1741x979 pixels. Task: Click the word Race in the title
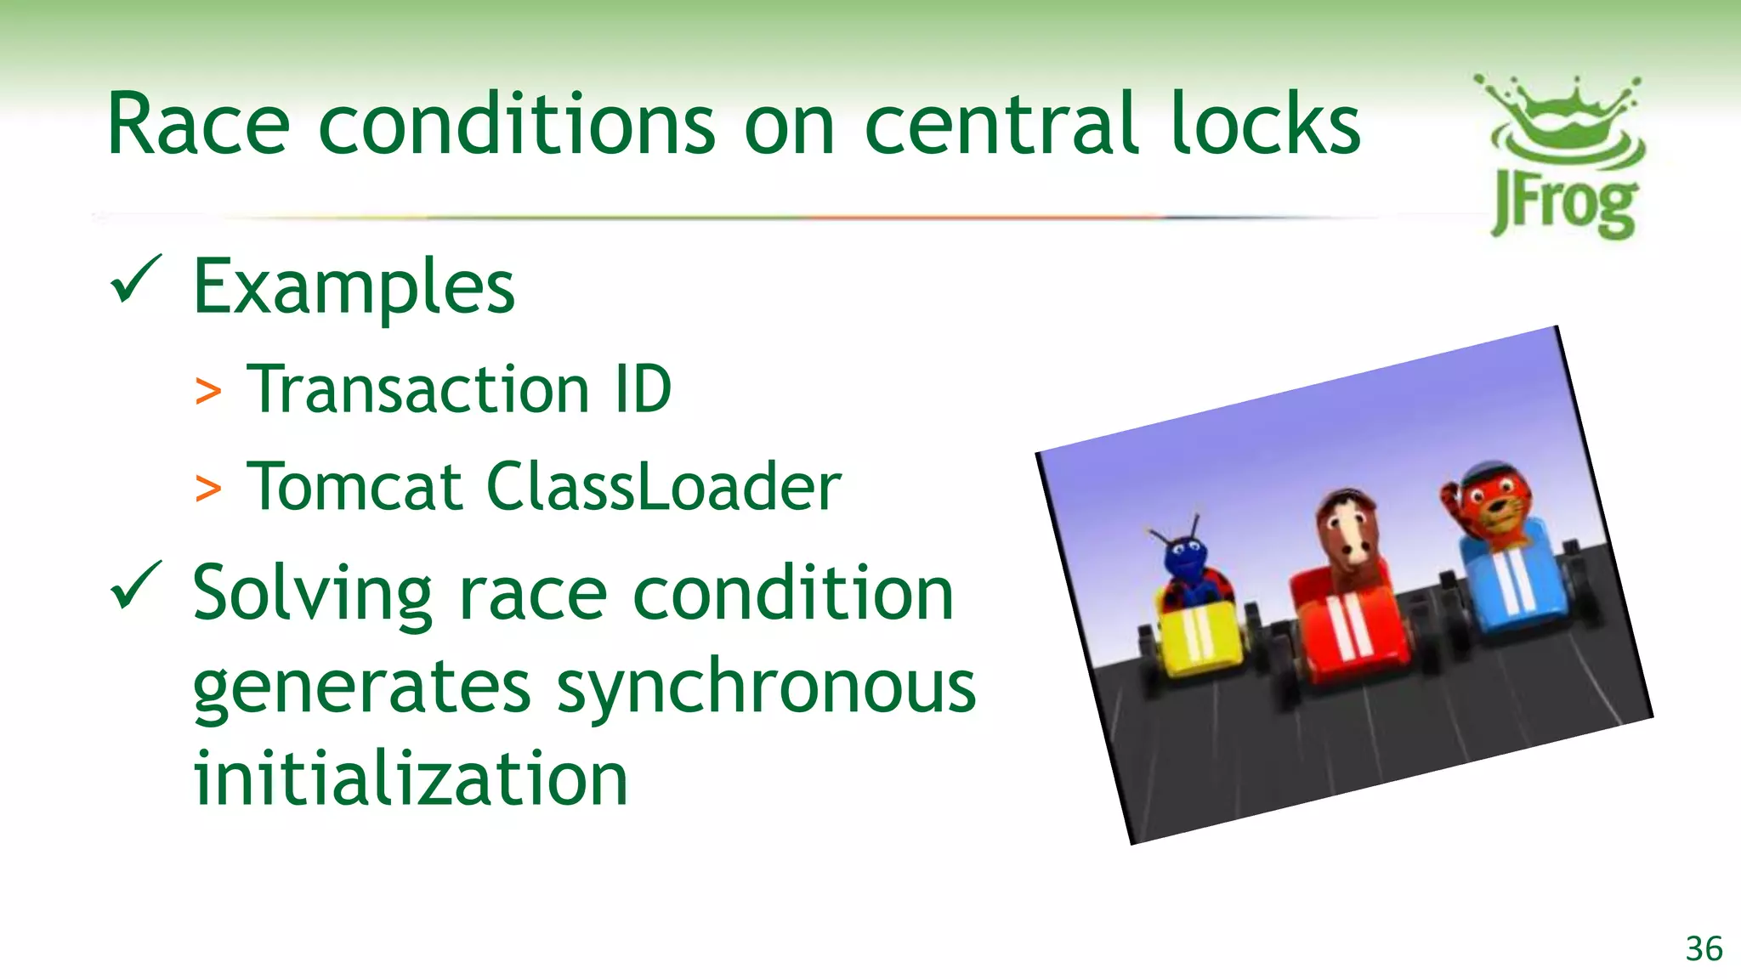pos(198,126)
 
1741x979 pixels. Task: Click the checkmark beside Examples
pos(135,280)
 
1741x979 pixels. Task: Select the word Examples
pos(354,287)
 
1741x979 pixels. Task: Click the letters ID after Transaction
pos(642,390)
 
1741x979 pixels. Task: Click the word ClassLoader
pos(664,486)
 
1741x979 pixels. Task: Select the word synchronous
pos(766,688)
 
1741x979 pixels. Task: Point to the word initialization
pos(411,778)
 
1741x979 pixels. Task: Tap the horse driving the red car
pos(1347,535)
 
